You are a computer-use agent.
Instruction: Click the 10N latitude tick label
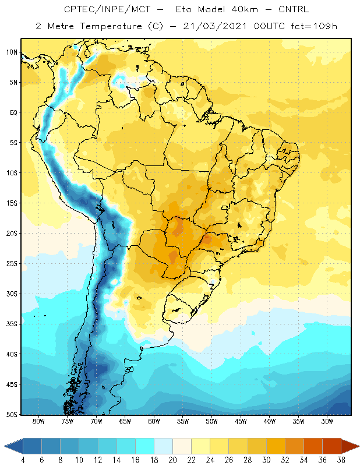click(x=12, y=52)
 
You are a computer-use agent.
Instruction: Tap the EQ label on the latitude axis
click(x=13, y=112)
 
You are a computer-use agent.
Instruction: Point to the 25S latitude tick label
click(x=12, y=264)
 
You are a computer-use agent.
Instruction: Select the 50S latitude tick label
click(x=12, y=414)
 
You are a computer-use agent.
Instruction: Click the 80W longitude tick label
click(x=38, y=421)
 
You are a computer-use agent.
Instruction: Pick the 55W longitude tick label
click(x=183, y=421)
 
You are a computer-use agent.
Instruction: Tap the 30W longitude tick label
click(x=327, y=421)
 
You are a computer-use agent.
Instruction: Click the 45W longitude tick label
click(x=241, y=421)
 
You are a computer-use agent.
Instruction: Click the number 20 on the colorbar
click(x=172, y=460)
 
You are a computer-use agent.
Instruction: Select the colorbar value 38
click(x=341, y=460)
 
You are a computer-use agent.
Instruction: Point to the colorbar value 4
click(x=23, y=460)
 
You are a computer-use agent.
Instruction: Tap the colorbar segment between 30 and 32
click(x=276, y=446)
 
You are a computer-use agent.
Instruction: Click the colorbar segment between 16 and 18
click(x=145, y=446)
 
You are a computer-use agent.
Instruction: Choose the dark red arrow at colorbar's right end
click(x=350, y=446)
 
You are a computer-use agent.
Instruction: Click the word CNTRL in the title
click(x=294, y=9)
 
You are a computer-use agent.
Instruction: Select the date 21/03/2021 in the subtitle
click(x=214, y=26)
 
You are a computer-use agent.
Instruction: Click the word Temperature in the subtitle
click(x=111, y=26)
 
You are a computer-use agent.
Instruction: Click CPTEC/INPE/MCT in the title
click(x=107, y=9)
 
